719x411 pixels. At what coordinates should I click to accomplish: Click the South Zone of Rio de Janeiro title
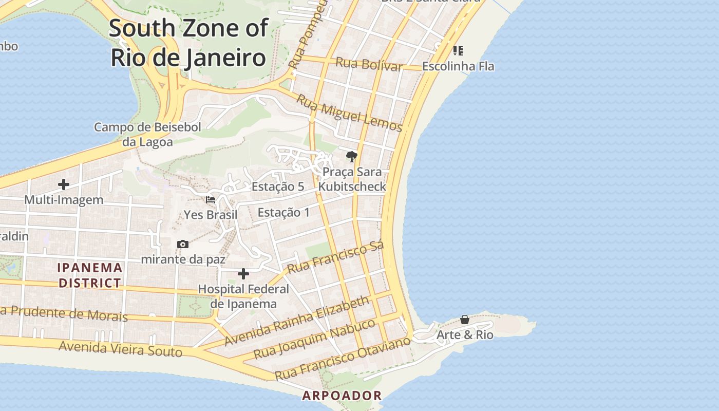pyautogui.click(x=188, y=43)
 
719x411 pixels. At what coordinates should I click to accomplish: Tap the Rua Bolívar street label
pyautogui.click(x=369, y=65)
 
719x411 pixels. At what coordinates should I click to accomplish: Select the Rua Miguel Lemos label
pyautogui.click(x=349, y=114)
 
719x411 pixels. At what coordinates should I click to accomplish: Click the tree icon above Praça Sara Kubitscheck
pyautogui.click(x=352, y=157)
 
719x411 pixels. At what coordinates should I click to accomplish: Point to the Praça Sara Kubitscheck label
pyautogui.click(x=352, y=179)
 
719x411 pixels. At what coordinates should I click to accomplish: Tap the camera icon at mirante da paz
pyautogui.click(x=182, y=244)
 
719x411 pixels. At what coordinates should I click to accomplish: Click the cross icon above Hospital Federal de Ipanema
pyautogui.click(x=243, y=274)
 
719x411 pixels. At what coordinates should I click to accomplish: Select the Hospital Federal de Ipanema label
pyautogui.click(x=243, y=296)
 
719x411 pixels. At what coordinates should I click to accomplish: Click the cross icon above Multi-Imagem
pyautogui.click(x=64, y=184)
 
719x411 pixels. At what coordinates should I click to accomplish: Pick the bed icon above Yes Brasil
pyautogui.click(x=211, y=199)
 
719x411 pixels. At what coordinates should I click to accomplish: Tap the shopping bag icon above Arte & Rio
pyautogui.click(x=465, y=320)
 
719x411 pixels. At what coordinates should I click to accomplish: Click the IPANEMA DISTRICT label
pyautogui.click(x=90, y=275)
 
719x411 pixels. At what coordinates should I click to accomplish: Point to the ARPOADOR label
pyautogui.click(x=342, y=396)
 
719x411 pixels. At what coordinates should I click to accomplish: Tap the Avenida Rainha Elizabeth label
pyautogui.click(x=297, y=321)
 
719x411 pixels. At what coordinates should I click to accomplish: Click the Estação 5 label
pyautogui.click(x=277, y=187)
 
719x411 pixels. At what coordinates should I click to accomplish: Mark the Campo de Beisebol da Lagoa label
pyautogui.click(x=147, y=135)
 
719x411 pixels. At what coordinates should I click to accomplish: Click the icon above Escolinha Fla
pyautogui.click(x=458, y=51)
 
